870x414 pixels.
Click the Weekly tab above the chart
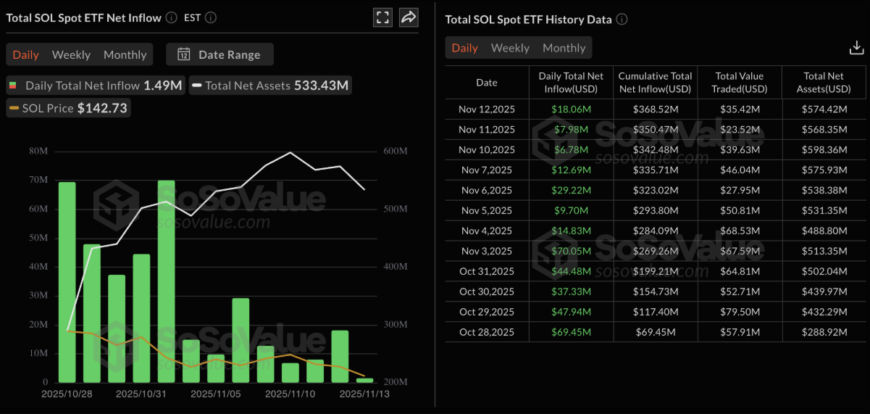(71, 54)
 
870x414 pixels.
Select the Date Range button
(219, 54)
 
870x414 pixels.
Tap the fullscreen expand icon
(382, 17)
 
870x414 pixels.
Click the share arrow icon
(409, 17)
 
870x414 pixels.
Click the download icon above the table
(856, 48)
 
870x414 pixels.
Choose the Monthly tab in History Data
(564, 48)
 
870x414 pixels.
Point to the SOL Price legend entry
(68, 108)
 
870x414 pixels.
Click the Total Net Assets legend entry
(270, 86)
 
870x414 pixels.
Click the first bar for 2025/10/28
(67, 282)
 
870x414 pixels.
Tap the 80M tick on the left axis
(39, 151)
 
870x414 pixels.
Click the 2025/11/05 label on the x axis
(215, 394)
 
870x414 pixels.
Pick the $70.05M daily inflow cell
(571, 251)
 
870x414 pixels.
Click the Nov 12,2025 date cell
(486, 109)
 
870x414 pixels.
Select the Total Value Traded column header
(740, 83)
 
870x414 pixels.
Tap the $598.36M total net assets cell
(824, 149)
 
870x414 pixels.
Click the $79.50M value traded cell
(740, 312)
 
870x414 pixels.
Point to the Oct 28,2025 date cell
(486, 332)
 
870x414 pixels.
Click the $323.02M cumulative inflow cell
(655, 190)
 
